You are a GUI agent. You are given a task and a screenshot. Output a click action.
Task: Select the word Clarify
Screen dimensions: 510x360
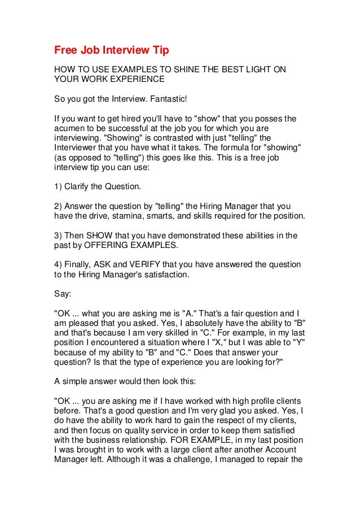[81, 186]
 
